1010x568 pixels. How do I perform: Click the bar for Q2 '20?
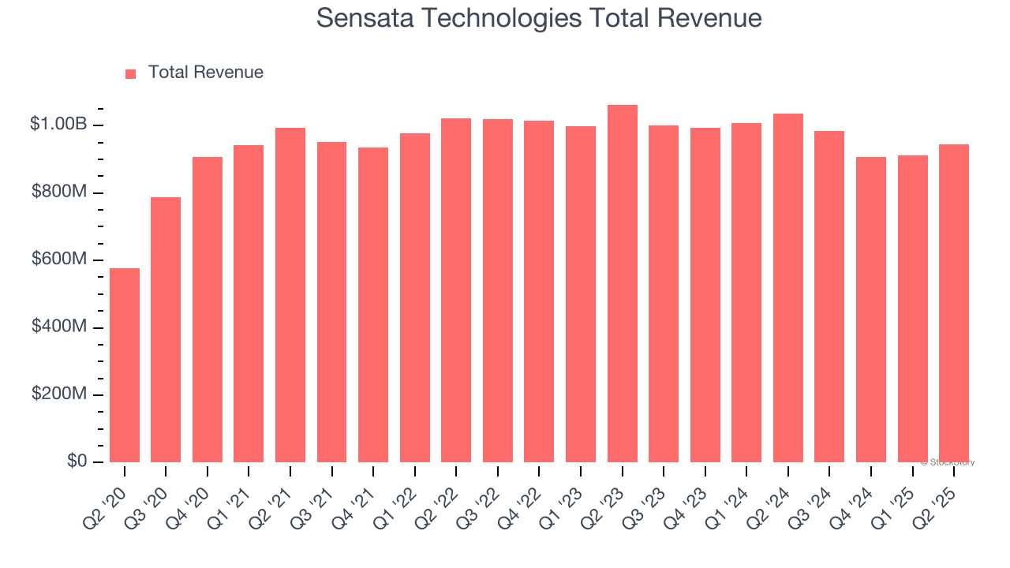point(125,365)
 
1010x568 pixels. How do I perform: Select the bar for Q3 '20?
point(166,330)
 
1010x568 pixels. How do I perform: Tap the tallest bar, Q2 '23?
point(623,284)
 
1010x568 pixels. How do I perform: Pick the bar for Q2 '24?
point(788,288)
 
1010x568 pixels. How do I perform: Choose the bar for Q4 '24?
point(871,309)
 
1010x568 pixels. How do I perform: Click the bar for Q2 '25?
point(954,303)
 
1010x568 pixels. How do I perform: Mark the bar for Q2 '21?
point(290,295)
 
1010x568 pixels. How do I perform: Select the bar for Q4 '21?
point(373,305)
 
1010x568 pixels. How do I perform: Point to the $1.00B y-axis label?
point(58,125)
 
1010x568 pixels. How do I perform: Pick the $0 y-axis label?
point(76,461)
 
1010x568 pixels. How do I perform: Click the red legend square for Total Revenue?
point(131,74)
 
